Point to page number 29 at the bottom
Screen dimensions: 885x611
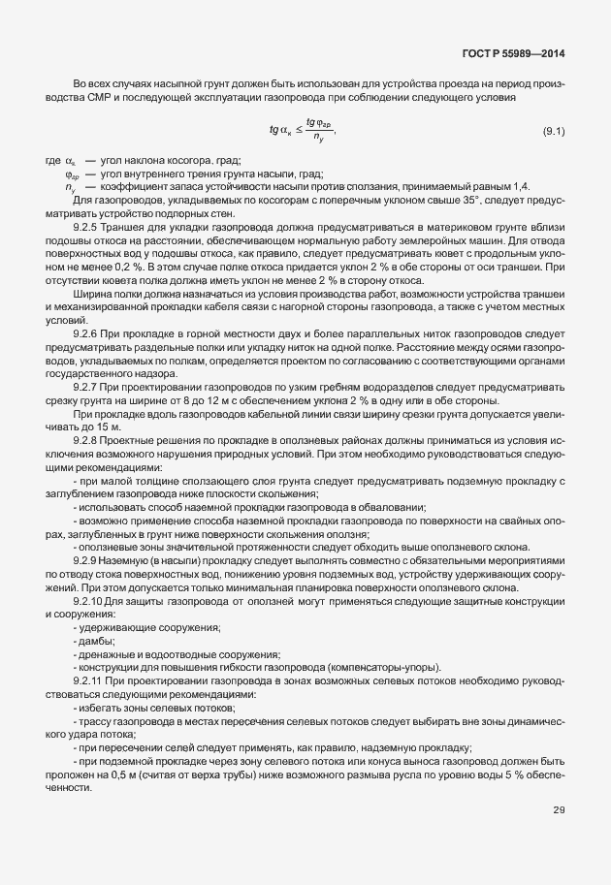pyautogui.click(x=559, y=810)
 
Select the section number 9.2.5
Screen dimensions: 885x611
pyautogui.click(x=89, y=227)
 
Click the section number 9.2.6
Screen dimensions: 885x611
pyautogui.click(x=89, y=332)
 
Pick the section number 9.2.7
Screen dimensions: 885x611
pyautogui.click(x=89, y=386)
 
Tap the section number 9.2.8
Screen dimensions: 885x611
pyautogui.click(x=89, y=439)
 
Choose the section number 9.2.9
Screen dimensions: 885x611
pyautogui.click(x=89, y=560)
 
